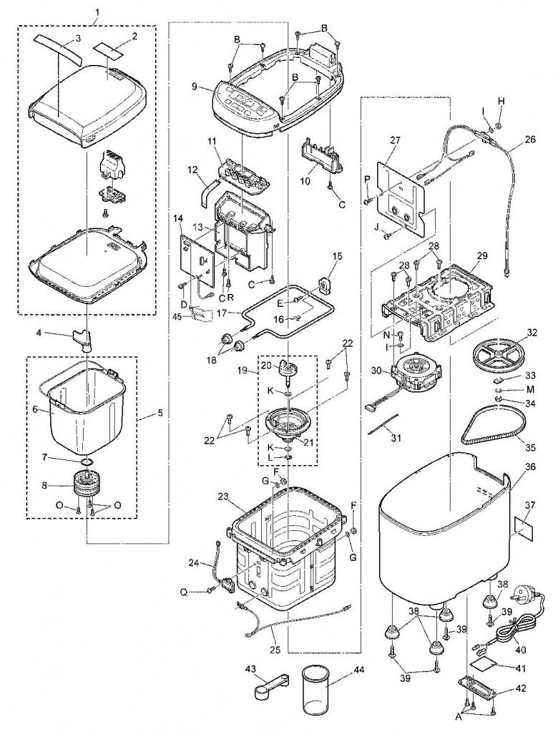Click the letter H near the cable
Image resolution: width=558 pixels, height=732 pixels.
(x=501, y=101)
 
